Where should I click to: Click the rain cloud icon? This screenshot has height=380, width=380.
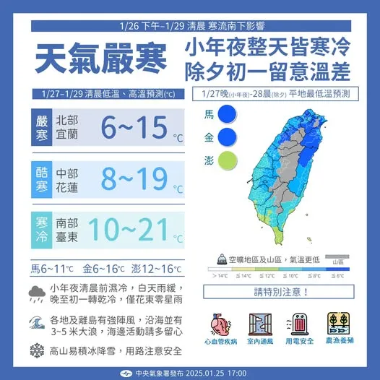pos(35,293)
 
